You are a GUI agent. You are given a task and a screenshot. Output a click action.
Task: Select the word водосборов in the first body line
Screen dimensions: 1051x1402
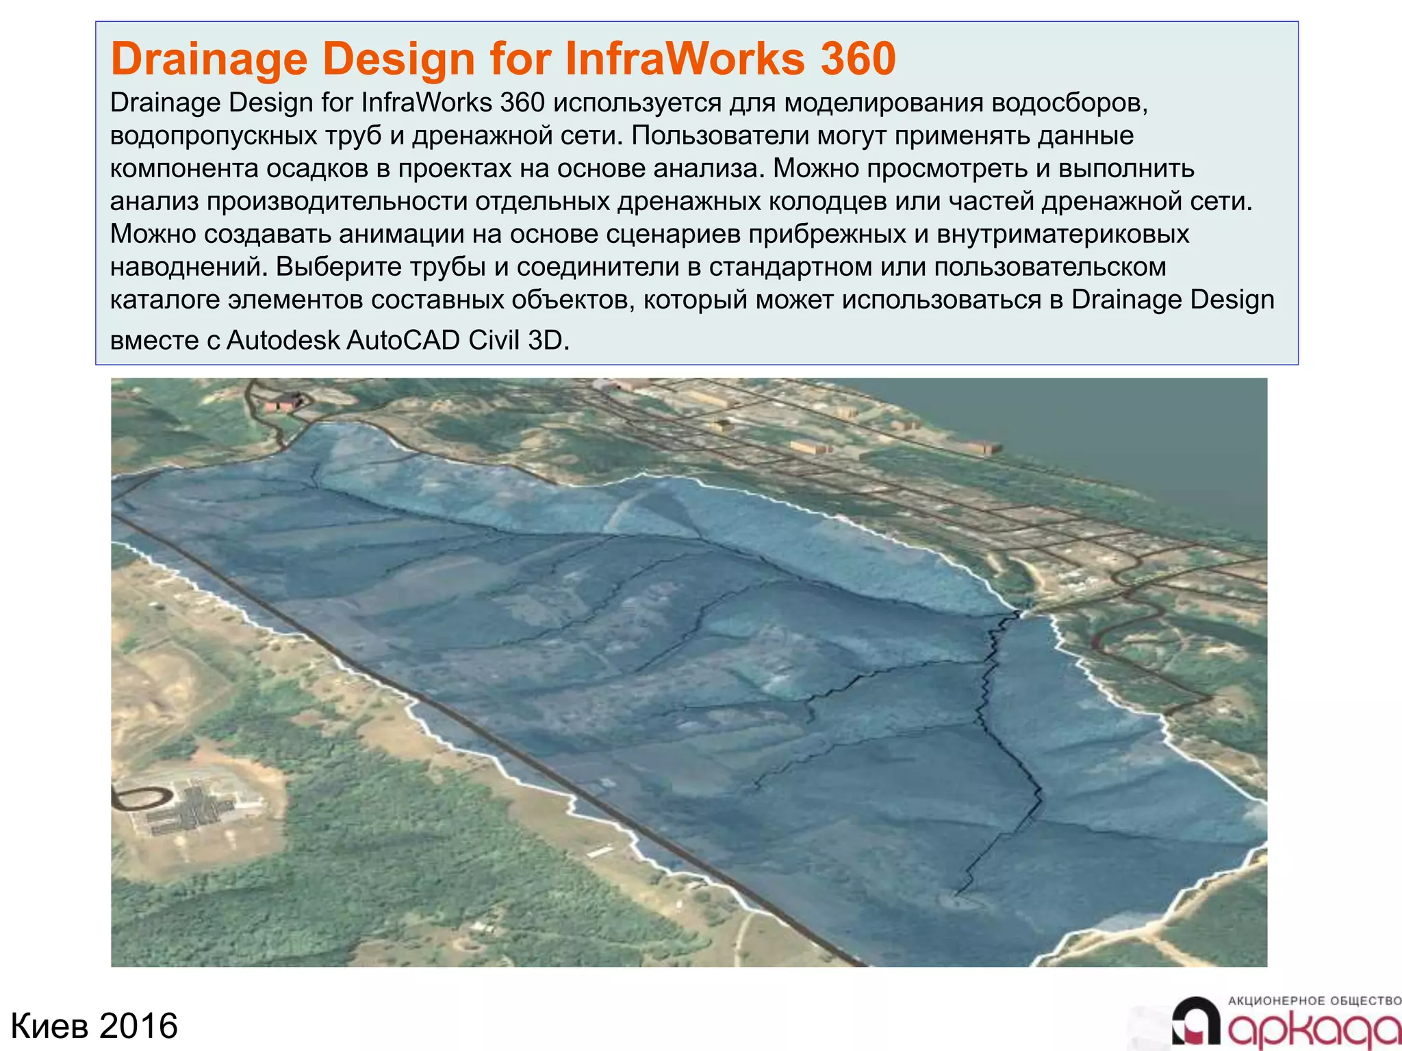coord(1069,103)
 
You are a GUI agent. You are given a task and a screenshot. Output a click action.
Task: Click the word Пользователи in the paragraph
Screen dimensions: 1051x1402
coord(720,135)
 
